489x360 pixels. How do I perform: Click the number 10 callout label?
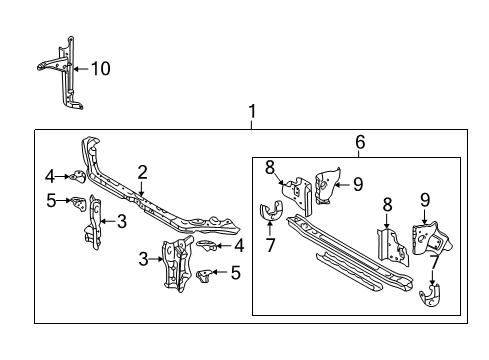(101, 69)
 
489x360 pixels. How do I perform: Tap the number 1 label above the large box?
(252, 112)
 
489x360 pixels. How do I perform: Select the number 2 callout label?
(143, 171)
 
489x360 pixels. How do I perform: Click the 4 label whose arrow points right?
(49, 177)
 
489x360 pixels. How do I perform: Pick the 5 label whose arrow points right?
(50, 200)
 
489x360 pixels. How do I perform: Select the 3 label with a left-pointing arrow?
(122, 220)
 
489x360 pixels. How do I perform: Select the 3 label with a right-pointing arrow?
(143, 259)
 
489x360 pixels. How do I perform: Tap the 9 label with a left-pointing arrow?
(357, 183)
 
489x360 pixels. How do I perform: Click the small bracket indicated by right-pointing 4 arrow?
(75, 177)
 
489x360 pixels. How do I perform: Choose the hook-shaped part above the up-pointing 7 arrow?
(268, 213)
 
